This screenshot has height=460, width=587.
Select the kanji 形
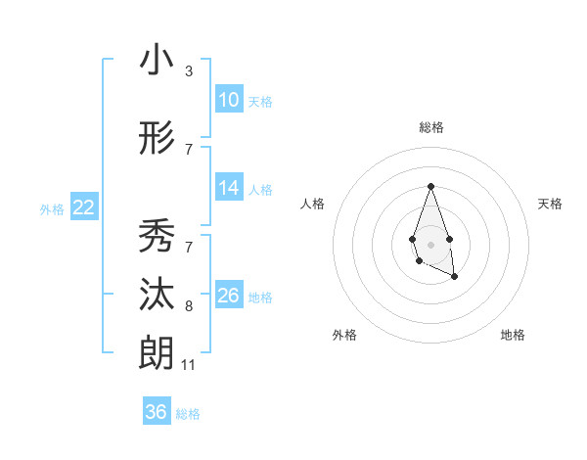point(157,139)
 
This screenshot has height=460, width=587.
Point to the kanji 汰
point(157,295)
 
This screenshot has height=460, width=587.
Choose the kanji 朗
point(157,352)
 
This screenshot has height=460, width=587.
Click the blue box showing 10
point(228,100)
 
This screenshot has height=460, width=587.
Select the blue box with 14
point(228,188)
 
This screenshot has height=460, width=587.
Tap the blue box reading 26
point(228,296)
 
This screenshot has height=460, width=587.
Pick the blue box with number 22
point(84,207)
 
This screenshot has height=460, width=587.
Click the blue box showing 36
point(156,412)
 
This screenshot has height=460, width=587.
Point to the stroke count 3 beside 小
point(189,71)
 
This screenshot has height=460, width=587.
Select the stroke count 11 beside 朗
point(189,365)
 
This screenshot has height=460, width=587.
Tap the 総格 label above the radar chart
point(430,127)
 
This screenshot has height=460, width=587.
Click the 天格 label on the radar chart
point(551,204)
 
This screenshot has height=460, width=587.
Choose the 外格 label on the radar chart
point(344,335)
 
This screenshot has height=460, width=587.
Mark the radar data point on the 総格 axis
point(430,186)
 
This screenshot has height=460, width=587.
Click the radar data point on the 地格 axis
point(455,278)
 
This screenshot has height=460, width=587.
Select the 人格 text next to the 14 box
point(260,189)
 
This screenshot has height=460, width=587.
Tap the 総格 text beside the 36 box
point(188,414)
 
